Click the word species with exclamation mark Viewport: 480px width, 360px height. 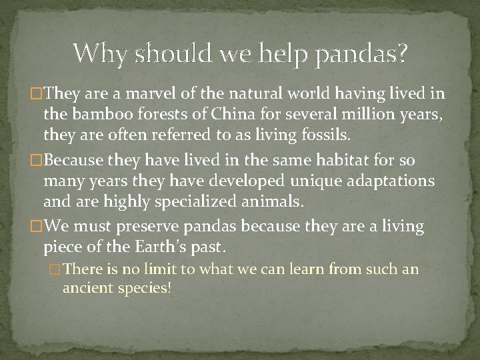click(x=146, y=289)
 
